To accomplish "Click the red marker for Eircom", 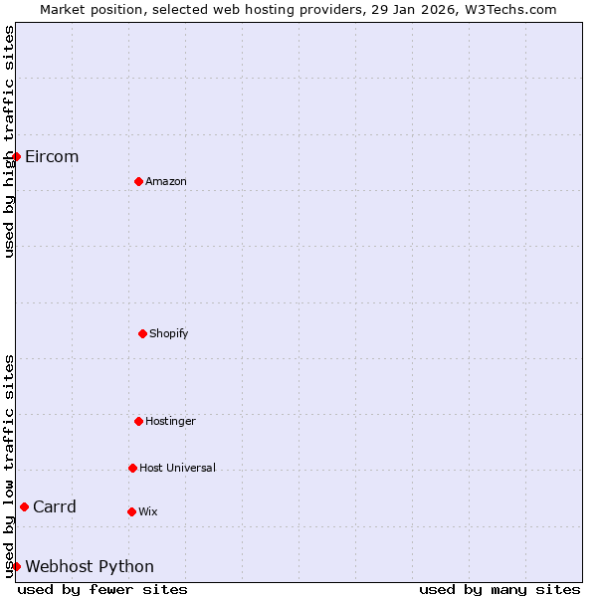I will point(16,156).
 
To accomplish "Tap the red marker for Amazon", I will point(138,181).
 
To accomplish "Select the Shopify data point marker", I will point(142,333).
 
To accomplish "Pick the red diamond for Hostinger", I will point(138,421).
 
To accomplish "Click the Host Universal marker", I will point(132,468).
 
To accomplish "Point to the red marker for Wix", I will point(131,511).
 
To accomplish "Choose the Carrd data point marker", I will point(24,506).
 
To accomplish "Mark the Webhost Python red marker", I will point(16,566).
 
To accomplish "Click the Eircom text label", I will point(52,156).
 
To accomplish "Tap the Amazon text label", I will point(166,181).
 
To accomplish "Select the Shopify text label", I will point(169,333).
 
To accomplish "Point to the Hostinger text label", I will point(170,421).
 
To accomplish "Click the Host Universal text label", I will point(177,468).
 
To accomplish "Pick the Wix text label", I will point(147,511).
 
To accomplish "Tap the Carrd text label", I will point(55,506).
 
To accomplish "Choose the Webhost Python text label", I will point(90,566).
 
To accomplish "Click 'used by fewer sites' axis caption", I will point(102,589).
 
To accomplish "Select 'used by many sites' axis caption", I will point(499,589).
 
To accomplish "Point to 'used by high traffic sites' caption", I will point(9,141).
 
